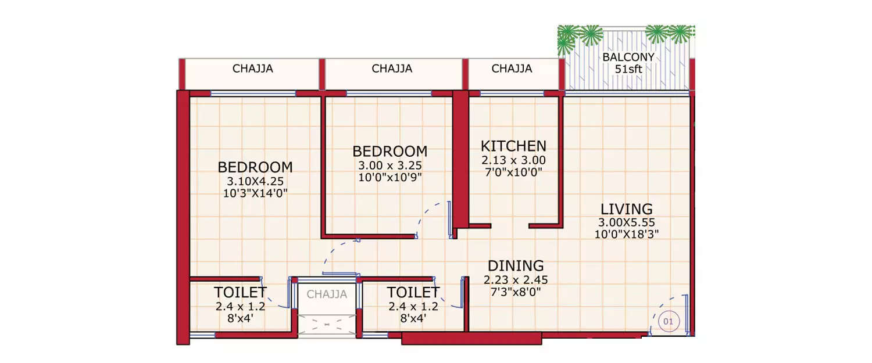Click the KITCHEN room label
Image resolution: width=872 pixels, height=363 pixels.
(513, 146)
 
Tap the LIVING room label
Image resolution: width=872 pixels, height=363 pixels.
(626, 209)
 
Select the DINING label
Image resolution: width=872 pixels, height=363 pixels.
(516, 266)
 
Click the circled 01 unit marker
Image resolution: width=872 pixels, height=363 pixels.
(668, 321)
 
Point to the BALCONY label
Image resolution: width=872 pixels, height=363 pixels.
(628, 57)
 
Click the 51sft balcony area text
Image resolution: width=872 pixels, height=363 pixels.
(628, 69)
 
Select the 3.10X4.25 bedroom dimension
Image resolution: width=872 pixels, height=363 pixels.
(255, 181)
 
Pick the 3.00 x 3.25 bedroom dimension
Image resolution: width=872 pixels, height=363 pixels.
(389, 165)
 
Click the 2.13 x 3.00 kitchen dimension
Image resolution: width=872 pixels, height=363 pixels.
(513, 160)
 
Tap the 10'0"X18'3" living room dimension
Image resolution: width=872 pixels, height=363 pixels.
(626, 234)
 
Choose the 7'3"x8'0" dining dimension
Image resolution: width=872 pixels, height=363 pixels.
(516, 292)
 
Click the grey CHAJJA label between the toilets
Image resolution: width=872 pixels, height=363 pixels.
(327, 294)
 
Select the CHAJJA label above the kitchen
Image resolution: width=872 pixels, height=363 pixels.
(512, 69)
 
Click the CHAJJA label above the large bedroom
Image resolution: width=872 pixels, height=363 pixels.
(253, 69)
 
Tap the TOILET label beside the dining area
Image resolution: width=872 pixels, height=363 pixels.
(413, 292)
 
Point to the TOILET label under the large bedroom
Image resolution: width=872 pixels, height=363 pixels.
(240, 292)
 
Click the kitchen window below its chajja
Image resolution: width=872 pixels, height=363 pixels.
(512, 93)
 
